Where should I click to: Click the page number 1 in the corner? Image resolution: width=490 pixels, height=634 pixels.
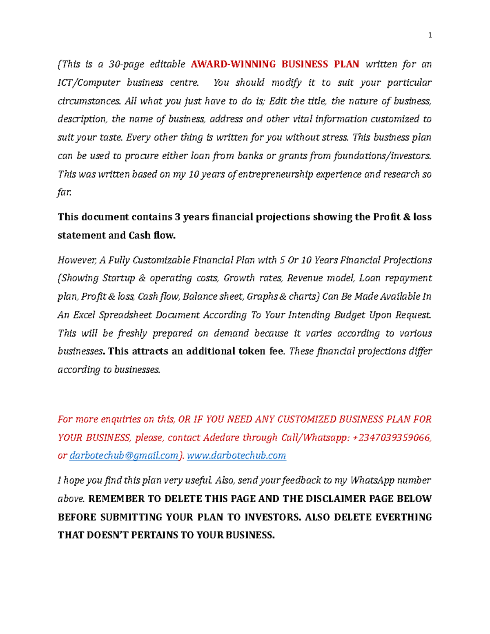click(430, 35)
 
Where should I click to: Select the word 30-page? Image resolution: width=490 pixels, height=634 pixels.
click(126, 64)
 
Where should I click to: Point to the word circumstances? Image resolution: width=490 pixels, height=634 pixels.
click(89, 101)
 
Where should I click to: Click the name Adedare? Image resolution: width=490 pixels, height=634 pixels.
click(221, 438)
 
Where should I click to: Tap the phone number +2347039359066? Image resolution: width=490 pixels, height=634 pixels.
click(392, 438)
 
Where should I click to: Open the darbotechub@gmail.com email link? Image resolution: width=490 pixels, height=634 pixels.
click(124, 456)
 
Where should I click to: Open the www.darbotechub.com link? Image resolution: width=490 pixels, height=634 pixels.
click(236, 456)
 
